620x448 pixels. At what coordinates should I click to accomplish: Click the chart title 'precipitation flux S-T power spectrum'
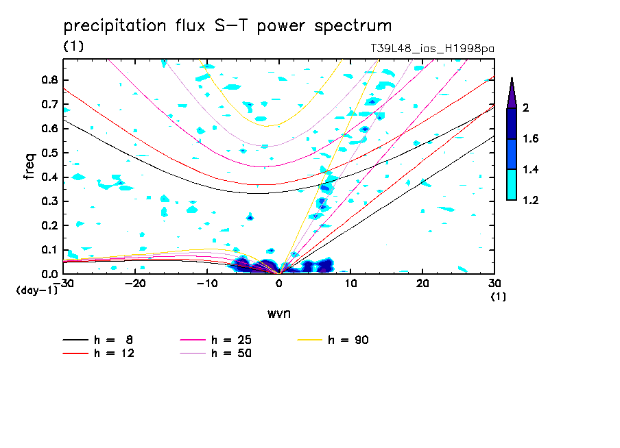(x=227, y=26)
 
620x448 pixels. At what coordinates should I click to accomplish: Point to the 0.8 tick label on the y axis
(x=49, y=79)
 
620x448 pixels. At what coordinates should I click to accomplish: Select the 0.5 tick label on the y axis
(x=49, y=153)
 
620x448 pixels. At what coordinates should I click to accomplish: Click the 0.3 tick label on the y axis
(x=49, y=201)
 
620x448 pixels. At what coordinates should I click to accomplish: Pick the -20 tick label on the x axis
(x=135, y=283)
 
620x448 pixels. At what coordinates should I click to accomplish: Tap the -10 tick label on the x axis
(x=206, y=283)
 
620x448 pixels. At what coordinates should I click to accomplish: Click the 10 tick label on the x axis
(x=350, y=283)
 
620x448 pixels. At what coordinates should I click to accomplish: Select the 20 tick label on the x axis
(x=422, y=283)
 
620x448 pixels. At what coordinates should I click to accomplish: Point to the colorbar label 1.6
(x=531, y=139)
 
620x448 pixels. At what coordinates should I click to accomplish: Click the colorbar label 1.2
(x=531, y=200)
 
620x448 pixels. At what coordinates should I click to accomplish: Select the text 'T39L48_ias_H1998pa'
(x=432, y=48)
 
